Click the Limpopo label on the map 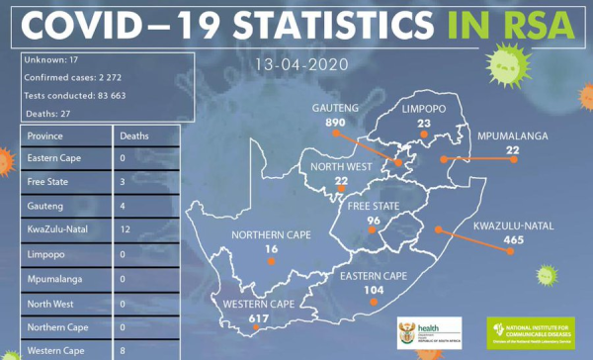424,109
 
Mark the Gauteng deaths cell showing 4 122,206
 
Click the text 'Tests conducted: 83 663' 74,95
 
